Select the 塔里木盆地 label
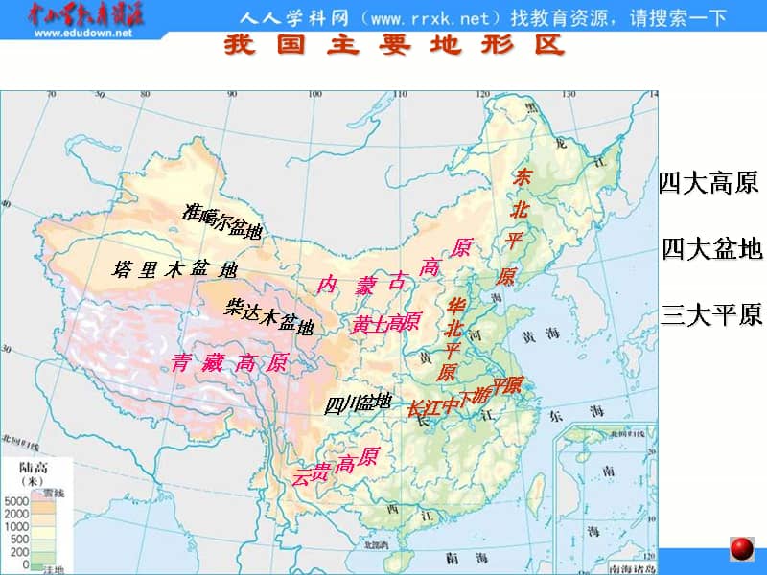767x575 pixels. [174, 269]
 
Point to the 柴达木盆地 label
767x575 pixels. [269, 316]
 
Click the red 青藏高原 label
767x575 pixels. [229, 362]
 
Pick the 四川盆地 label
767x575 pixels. [358, 403]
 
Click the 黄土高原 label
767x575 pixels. [385, 323]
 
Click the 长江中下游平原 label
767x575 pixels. [464, 396]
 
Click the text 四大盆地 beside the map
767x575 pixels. [711, 249]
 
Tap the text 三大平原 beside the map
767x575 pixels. [711, 313]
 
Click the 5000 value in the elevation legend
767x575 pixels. [17, 501]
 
